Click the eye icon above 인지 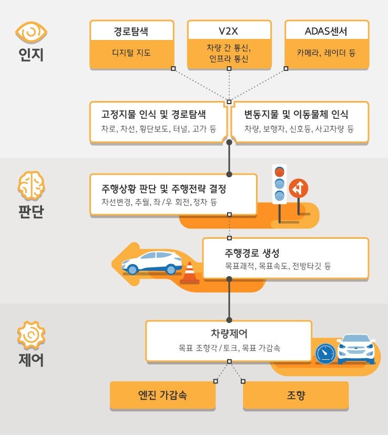pyautogui.click(x=31, y=32)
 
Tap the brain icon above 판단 pyautogui.click(x=32, y=185)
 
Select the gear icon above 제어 pyautogui.click(x=31, y=336)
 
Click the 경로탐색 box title pyautogui.click(x=131, y=31)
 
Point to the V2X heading pyautogui.click(x=228, y=31)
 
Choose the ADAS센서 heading pyautogui.click(x=326, y=31)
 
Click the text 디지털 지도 pyautogui.click(x=131, y=53)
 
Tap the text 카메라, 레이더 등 pyautogui.click(x=326, y=53)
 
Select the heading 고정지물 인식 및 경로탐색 pyautogui.click(x=154, y=114)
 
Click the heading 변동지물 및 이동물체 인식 pyautogui.click(x=296, y=114)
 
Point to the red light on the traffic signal pyautogui.click(x=279, y=172)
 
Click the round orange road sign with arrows pyautogui.click(x=299, y=188)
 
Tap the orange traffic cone pyautogui.click(x=189, y=273)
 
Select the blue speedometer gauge pyautogui.click(x=325, y=353)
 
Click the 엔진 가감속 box pyautogui.click(x=162, y=396)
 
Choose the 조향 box pyautogui.click(x=295, y=396)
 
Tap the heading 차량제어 pyautogui.click(x=229, y=333)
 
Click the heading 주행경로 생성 pyautogui.click(x=252, y=252)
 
